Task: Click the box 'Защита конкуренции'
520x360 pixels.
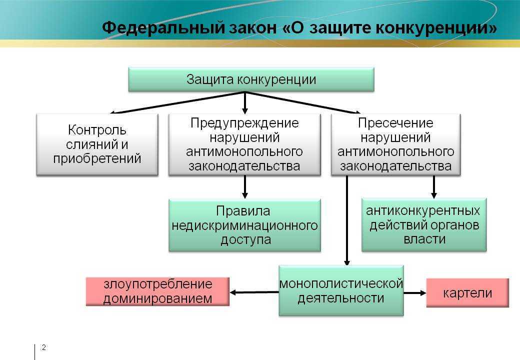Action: pyautogui.click(x=251, y=79)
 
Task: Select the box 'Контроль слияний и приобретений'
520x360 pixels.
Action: pyautogui.click(x=97, y=144)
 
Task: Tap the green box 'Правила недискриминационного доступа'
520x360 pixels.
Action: pyautogui.click(x=244, y=225)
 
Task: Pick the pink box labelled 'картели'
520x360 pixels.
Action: pyautogui.click(x=467, y=293)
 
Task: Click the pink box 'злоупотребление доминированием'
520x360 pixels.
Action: pyautogui.click(x=157, y=291)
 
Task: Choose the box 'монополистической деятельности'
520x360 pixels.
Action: pyautogui.click(x=341, y=290)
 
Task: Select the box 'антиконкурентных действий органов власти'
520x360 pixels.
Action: pyautogui.click(x=424, y=225)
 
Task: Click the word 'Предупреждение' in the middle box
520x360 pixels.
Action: pyautogui.click(x=244, y=123)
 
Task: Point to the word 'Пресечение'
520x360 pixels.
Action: pyautogui.click(x=395, y=123)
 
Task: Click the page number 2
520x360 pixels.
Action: pyautogui.click(x=44, y=347)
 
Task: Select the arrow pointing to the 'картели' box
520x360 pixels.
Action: pyautogui.click(x=415, y=293)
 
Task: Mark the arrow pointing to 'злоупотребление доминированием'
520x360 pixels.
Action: pyautogui.click(x=254, y=292)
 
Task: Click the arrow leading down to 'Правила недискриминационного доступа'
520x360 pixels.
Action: pyautogui.click(x=244, y=187)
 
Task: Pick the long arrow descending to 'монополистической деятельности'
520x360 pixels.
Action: pyautogui.click(x=347, y=220)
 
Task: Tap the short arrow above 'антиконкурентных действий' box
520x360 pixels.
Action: pyautogui.click(x=434, y=187)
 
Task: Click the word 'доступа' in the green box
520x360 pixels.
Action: pyautogui.click(x=245, y=239)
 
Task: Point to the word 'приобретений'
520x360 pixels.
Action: pyautogui.click(x=97, y=159)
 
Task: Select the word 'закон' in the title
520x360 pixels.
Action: pyautogui.click(x=253, y=28)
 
